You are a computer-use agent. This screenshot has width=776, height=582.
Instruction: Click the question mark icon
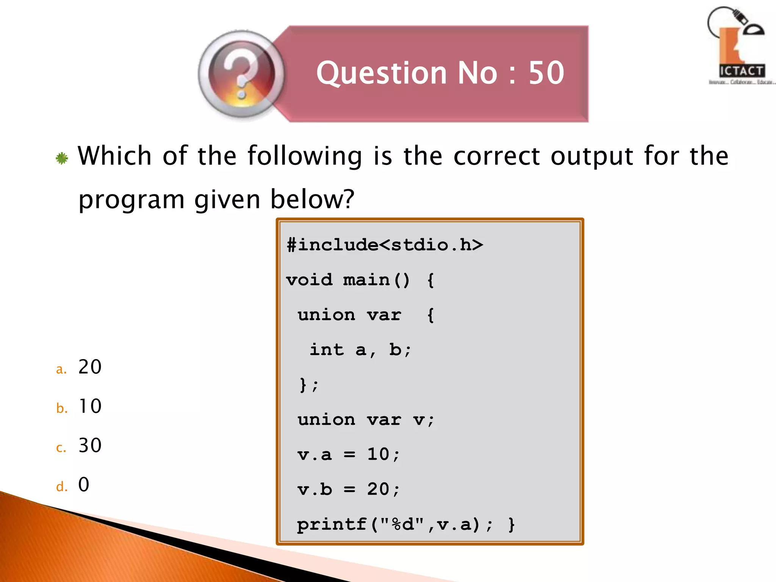pyautogui.click(x=241, y=74)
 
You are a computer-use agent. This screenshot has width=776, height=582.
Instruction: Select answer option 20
pyautogui.click(x=90, y=367)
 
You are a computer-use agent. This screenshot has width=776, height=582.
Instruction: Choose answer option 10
pyautogui.click(x=90, y=406)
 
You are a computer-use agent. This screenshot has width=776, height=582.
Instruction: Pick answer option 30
pyautogui.click(x=90, y=445)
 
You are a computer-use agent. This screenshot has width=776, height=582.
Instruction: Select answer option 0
pyautogui.click(x=84, y=485)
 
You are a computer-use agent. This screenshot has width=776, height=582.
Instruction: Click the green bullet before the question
pyautogui.click(x=62, y=158)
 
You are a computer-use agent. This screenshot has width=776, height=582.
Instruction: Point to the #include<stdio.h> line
pyautogui.click(x=385, y=245)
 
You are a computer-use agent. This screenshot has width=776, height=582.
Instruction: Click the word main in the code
pyautogui.click(x=366, y=280)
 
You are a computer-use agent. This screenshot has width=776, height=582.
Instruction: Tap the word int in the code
pyautogui.click(x=327, y=349)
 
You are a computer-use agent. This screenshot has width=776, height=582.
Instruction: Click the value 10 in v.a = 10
pyautogui.click(x=378, y=454)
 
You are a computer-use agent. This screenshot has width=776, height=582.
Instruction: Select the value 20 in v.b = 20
pyautogui.click(x=378, y=489)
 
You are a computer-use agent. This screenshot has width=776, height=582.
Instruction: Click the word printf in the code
pyautogui.click(x=332, y=524)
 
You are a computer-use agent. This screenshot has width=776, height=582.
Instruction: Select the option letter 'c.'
pyautogui.click(x=61, y=448)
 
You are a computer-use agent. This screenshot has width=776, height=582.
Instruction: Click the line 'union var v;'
pyautogui.click(x=366, y=419)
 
